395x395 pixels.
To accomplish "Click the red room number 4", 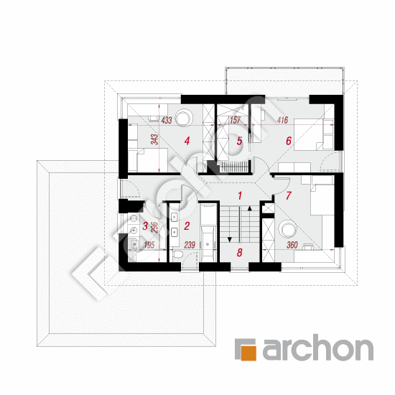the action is click(187, 141).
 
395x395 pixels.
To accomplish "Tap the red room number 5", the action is click(239, 141).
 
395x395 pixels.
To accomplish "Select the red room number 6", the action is click(289, 141).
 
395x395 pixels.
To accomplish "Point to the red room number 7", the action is click(289, 195).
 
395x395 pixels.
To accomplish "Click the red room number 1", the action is click(240, 195).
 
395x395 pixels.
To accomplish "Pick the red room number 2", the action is click(187, 226).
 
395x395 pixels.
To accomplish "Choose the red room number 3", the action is click(145, 226).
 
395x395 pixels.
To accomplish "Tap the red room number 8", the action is click(239, 252).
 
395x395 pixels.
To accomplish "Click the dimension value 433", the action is click(167, 120).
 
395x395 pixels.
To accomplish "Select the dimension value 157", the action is click(235, 120).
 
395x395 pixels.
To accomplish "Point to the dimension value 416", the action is click(282, 120).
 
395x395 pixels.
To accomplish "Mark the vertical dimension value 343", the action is click(154, 139).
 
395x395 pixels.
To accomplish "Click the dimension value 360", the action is click(292, 245).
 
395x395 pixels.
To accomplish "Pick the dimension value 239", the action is click(190, 245).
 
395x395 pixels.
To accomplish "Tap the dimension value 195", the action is click(149, 245).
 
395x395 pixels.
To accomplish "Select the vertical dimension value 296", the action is click(154, 227).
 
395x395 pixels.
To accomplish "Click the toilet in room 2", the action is click(177, 254).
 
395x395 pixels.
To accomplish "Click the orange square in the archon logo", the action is click(248, 353).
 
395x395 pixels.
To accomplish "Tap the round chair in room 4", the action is click(184, 118).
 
